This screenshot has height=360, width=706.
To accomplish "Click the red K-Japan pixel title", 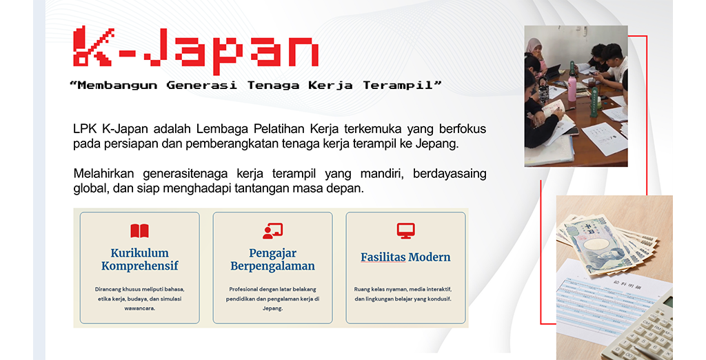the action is click(196, 50).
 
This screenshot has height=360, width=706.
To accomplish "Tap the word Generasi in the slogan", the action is click(202, 85).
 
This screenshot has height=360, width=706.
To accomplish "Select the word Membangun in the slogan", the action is click(117, 85).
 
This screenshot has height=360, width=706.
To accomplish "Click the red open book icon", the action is click(139, 230).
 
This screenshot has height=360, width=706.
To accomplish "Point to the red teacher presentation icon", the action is click(272, 230).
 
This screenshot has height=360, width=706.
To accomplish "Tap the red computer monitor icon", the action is click(405, 230).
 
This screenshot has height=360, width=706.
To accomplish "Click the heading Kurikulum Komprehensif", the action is click(139, 259).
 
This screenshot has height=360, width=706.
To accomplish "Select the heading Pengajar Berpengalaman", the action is click(272, 259).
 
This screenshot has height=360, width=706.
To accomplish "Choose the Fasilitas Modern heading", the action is click(405, 257).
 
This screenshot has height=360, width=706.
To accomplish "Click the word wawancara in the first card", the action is click(139, 308).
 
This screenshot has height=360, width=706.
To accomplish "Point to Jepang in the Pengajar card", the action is click(272, 309).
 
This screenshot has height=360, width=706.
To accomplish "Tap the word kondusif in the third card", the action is click(439, 299).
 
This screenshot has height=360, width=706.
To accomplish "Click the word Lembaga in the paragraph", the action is click(223, 129).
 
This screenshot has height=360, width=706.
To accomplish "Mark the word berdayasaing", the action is click(450, 174).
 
